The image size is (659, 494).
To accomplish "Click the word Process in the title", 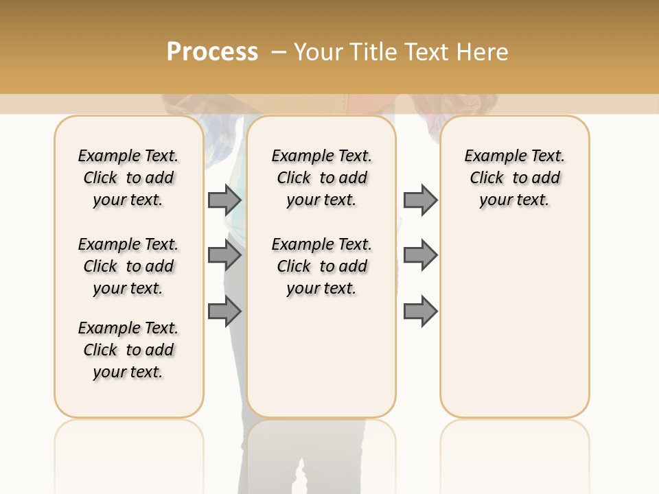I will click(212, 52).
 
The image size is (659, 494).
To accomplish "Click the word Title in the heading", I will click(373, 52).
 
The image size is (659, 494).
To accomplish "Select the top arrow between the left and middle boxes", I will click(224, 200).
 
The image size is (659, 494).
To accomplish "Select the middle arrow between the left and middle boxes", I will click(224, 255).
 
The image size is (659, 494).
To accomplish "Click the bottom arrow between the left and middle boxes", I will click(224, 312).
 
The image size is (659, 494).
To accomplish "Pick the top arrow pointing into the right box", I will click(420, 200).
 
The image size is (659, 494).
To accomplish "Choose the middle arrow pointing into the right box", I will click(420, 255).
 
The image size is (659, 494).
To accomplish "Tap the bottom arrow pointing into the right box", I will click(420, 312).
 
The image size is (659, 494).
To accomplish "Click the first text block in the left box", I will click(128, 178).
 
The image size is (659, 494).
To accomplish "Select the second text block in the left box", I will click(128, 266).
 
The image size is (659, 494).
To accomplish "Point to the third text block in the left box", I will click(128, 350).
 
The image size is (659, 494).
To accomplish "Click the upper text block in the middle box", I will click(321, 178).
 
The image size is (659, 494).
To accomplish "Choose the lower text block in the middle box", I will click(321, 266).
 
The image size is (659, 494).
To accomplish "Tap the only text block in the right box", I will click(514, 178).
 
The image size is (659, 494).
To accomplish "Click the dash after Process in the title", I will click(279, 52).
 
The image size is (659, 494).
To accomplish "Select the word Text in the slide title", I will click(426, 52).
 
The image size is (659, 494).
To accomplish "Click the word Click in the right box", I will click(487, 178).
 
